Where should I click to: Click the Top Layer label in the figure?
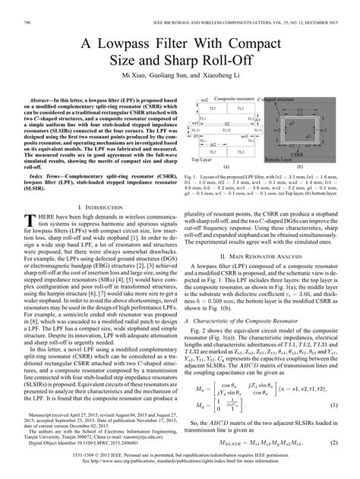(200, 181)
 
